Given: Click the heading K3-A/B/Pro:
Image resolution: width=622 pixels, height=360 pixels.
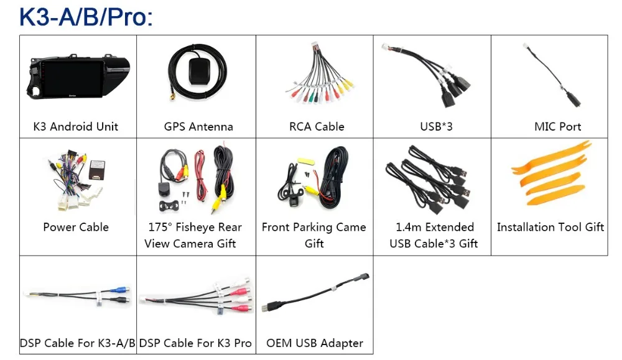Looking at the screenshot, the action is (86, 17).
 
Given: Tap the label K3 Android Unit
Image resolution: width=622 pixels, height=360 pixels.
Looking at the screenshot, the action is (75, 127).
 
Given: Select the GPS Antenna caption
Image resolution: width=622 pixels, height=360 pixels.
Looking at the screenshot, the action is (198, 127).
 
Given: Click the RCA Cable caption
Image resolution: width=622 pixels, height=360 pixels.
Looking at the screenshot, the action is (317, 127).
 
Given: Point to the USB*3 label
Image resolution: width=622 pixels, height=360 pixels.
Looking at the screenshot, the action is (436, 127).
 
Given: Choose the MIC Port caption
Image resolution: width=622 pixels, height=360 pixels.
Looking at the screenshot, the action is (557, 127).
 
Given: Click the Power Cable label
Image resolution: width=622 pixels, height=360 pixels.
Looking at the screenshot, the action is (76, 227).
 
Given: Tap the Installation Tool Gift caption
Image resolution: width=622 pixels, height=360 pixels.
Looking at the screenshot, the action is (550, 227).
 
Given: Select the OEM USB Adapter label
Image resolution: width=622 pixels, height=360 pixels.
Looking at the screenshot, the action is (315, 343).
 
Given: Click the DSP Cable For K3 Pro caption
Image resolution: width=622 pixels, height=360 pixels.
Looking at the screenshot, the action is (195, 343).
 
